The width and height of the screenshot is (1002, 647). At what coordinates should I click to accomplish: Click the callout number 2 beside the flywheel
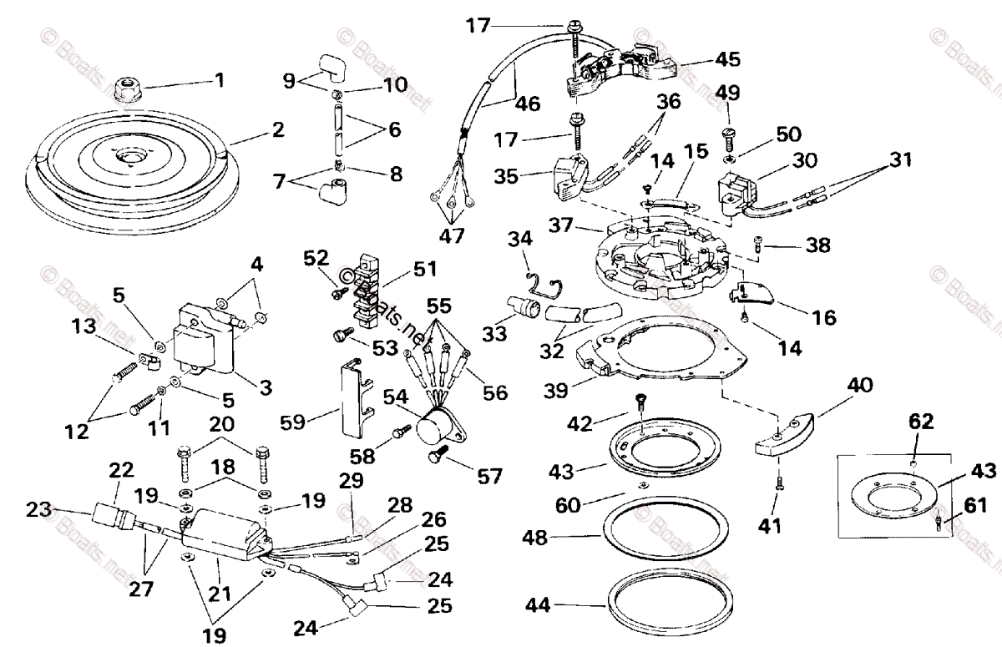[x=278, y=130]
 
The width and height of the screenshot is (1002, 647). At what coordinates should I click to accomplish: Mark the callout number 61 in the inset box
[x=974, y=504]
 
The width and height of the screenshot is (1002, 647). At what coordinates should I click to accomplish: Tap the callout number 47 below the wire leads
[x=453, y=235]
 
